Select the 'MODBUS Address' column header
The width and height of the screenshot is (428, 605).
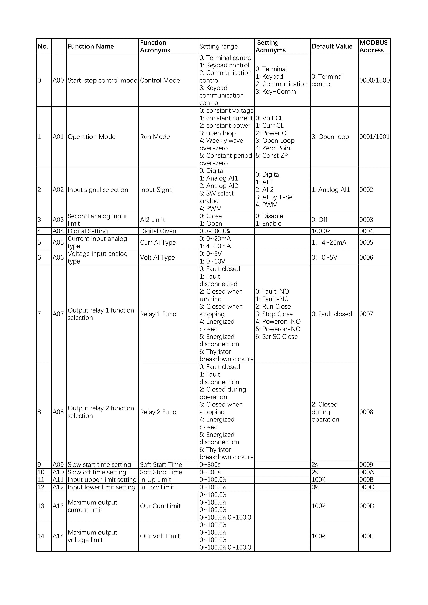pos(374,46)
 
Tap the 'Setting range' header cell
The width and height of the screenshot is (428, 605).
pos(218,46)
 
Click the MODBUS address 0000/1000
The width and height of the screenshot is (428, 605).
pos(374,80)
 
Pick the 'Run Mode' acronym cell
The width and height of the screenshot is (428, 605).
pos(155,137)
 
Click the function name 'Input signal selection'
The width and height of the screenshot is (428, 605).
pos(98,190)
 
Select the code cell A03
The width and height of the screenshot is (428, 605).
pos(58,220)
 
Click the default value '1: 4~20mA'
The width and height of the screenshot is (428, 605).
pos(329,242)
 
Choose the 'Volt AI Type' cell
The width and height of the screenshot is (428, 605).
pos(157,257)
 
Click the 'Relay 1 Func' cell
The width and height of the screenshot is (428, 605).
pos(158,314)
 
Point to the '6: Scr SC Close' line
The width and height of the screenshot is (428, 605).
pos(276,337)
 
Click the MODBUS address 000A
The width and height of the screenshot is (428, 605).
pos(366,472)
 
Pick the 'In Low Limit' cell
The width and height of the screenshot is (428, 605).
pos(157,487)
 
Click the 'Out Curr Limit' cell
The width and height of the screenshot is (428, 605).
pos(160,506)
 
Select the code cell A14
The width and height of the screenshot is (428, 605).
pos(58,536)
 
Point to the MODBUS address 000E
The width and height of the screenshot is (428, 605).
pos(366,536)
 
